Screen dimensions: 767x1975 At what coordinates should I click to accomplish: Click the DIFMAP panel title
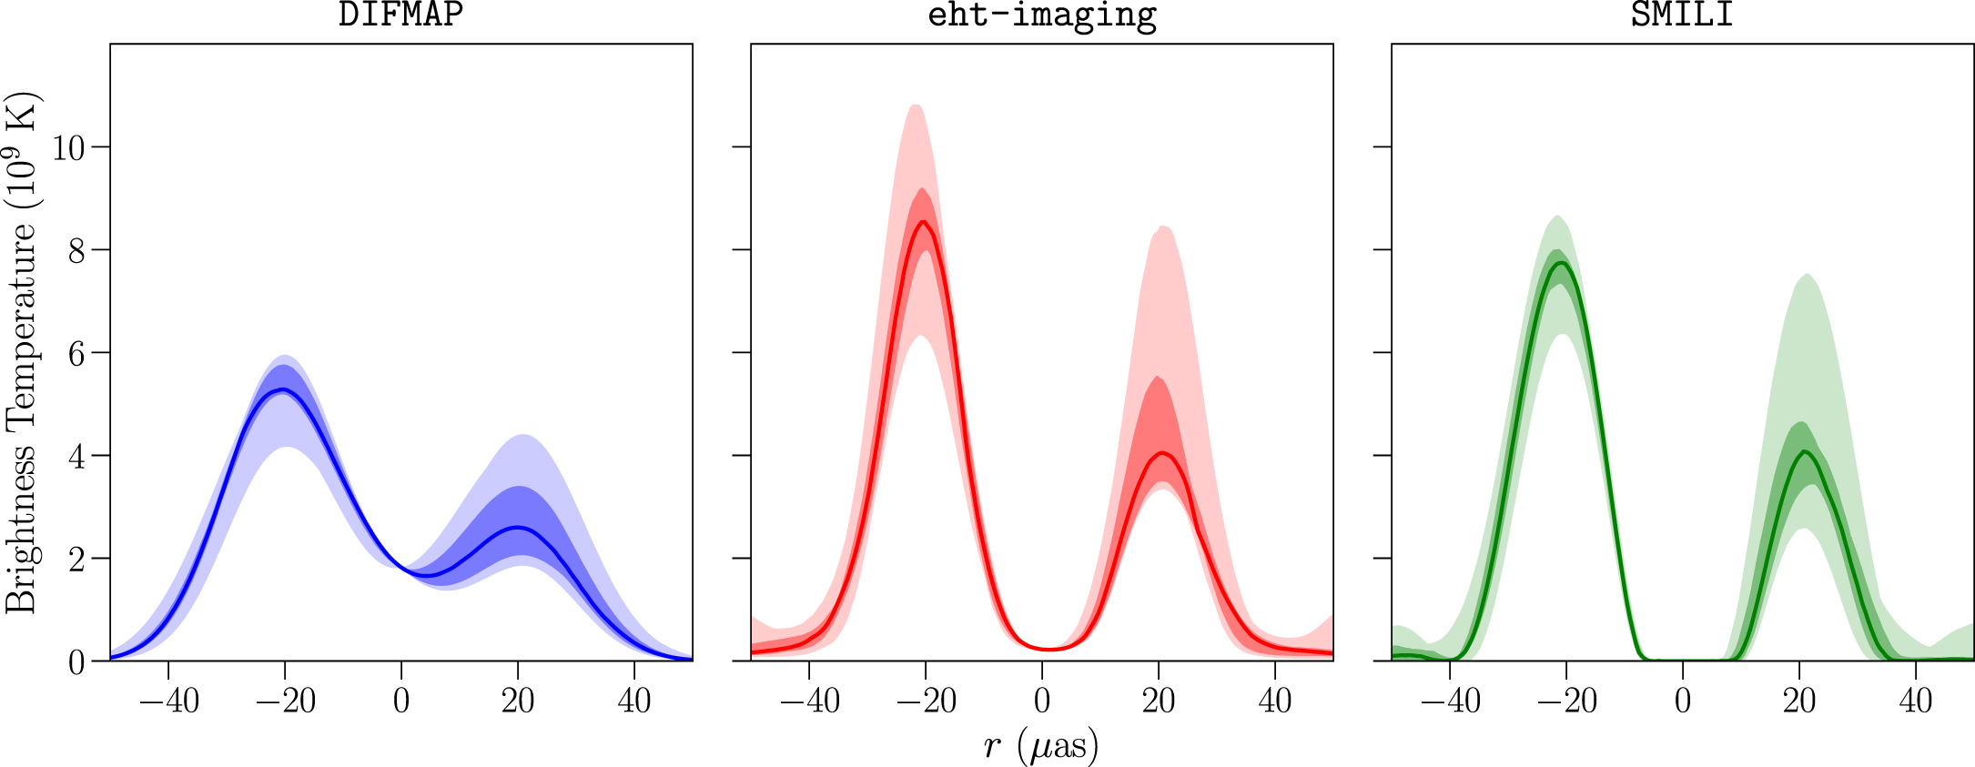click(400, 15)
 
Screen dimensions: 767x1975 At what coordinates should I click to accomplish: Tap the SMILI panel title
click(1682, 15)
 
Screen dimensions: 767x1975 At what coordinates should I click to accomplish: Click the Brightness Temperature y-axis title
click(22, 353)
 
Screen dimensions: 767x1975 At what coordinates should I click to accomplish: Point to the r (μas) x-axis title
click(1041, 746)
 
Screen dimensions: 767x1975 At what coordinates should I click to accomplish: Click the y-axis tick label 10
click(68, 147)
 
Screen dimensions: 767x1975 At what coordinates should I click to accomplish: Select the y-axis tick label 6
click(77, 353)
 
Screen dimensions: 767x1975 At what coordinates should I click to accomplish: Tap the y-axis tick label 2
click(77, 559)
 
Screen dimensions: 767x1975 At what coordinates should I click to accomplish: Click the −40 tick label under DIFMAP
click(168, 701)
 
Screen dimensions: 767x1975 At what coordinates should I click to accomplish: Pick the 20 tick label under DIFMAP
click(518, 701)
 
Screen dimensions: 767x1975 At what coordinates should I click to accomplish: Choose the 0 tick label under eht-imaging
click(1042, 701)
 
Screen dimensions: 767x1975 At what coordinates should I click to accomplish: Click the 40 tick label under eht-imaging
click(1275, 701)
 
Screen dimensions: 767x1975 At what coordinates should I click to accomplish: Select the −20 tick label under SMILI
click(1566, 701)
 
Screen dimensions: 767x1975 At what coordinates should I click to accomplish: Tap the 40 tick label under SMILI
click(1916, 701)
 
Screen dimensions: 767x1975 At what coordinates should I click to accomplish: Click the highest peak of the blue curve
click(284, 389)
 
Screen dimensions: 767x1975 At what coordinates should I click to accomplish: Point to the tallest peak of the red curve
click(924, 222)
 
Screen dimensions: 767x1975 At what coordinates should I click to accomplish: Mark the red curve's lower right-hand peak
click(1162, 453)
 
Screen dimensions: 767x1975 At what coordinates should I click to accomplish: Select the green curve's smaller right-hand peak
click(1803, 451)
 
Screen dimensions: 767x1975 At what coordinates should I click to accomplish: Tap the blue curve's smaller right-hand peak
click(518, 528)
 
